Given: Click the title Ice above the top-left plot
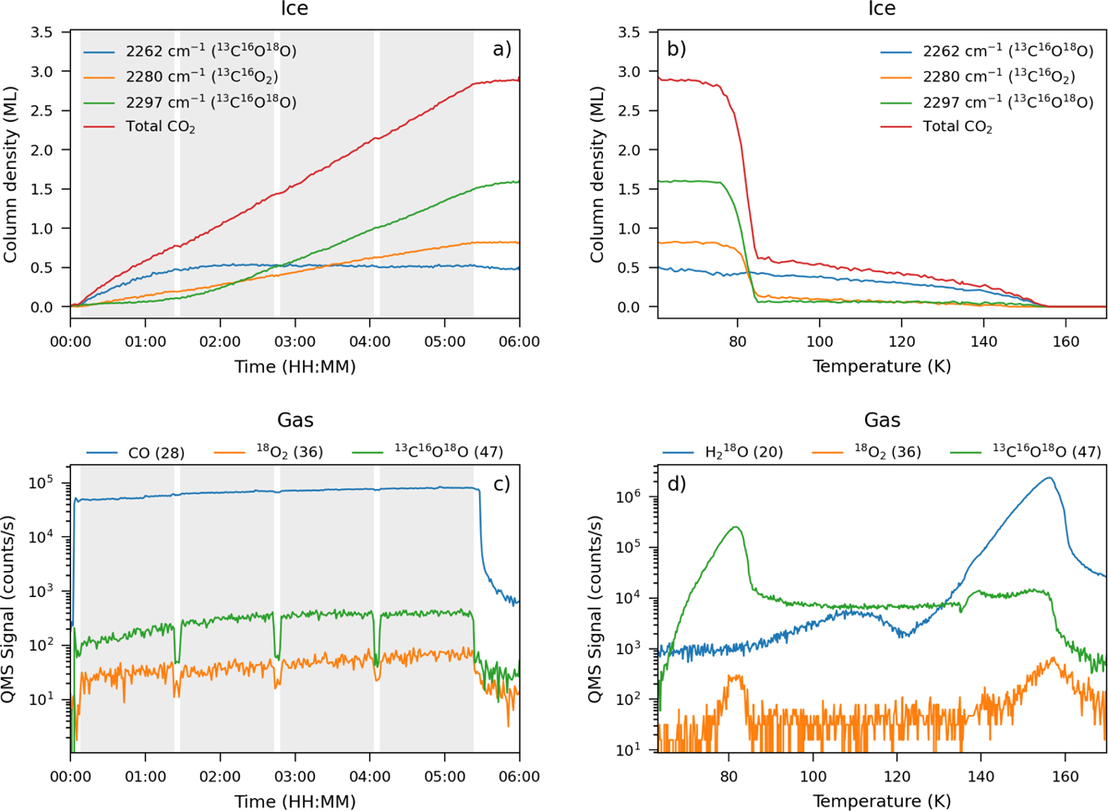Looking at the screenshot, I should (x=295, y=8).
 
